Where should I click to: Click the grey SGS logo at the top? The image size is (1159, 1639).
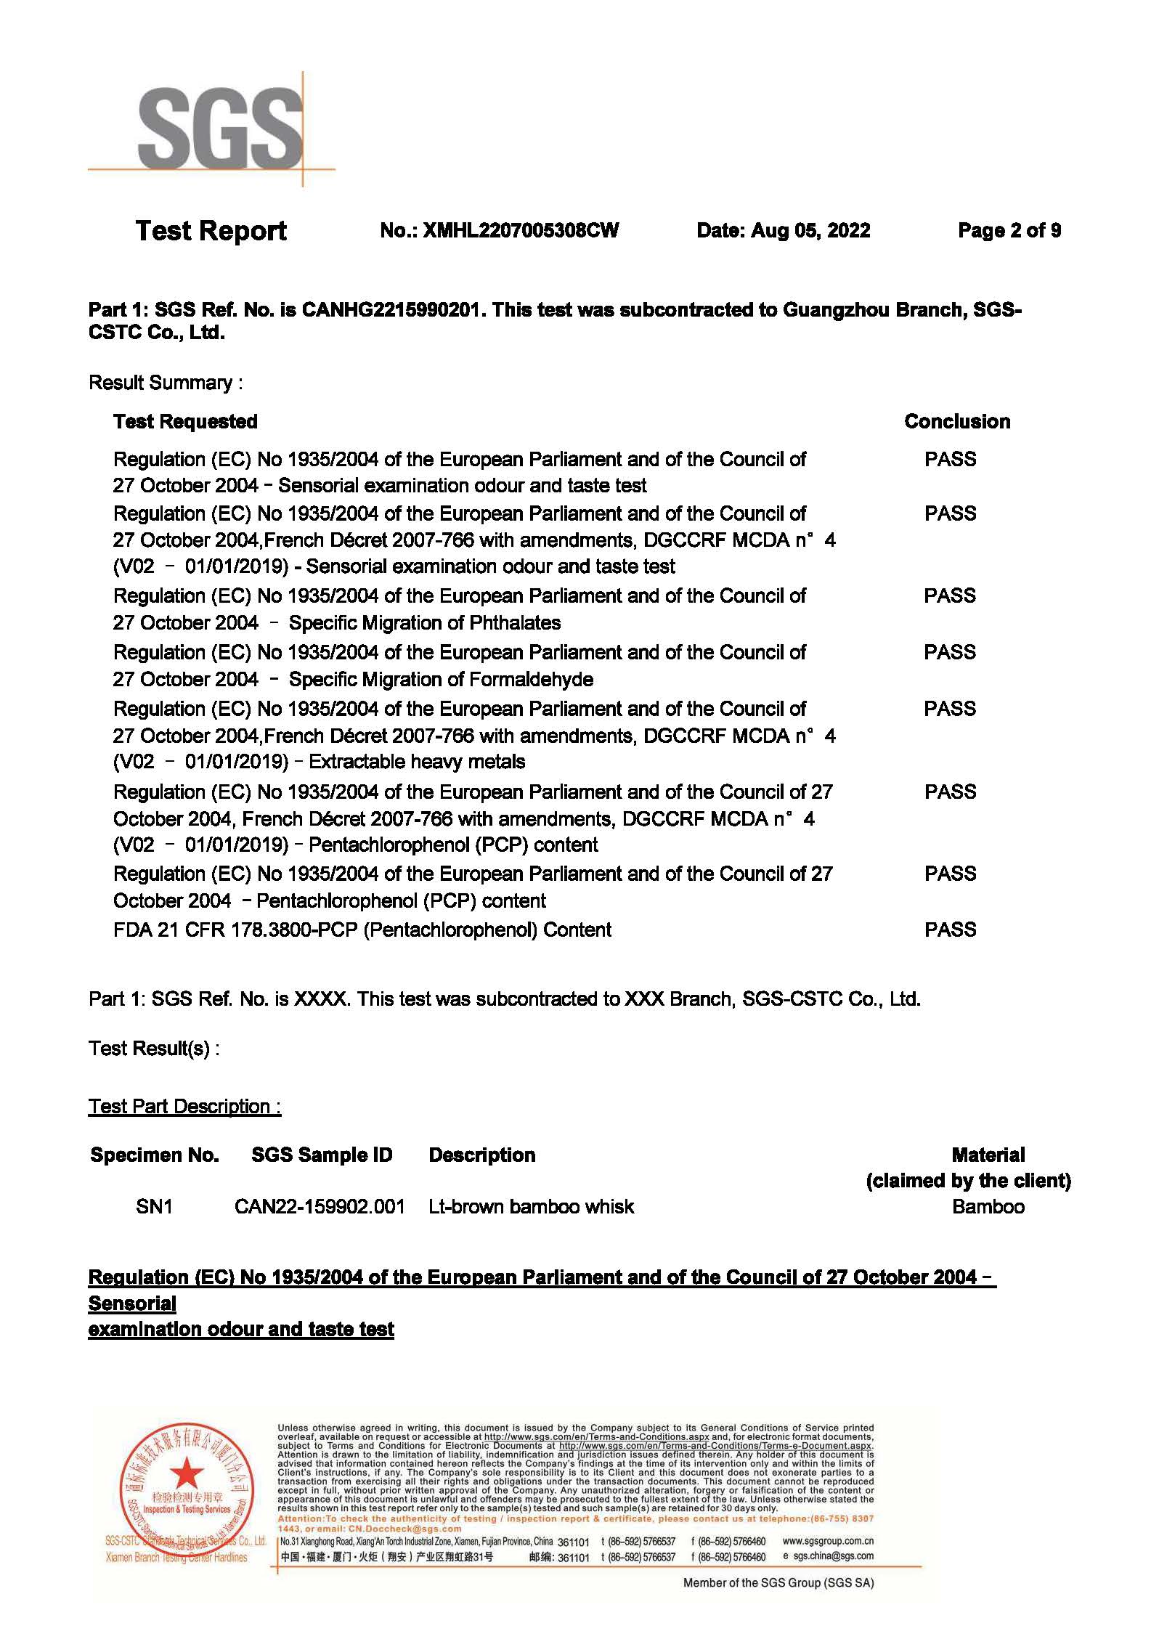click(219, 128)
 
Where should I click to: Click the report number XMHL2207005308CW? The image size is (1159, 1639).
click(520, 231)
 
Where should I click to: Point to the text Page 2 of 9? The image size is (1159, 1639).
click(1009, 231)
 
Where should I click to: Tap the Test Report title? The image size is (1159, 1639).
click(211, 231)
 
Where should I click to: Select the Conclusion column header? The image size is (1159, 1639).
click(956, 422)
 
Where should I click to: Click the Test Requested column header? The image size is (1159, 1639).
click(185, 422)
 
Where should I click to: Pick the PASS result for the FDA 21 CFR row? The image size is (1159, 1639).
click(950, 930)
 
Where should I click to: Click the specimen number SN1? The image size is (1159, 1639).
click(154, 1207)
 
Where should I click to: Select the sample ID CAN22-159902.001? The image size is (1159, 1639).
click(320, 1207)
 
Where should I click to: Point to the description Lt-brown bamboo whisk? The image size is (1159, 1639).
click(531, 1207)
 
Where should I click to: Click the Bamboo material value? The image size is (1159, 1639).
click(988, 1207)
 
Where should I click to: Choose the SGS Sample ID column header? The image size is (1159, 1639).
click(322, 1155)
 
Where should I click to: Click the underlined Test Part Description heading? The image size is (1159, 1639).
click(184, 1107)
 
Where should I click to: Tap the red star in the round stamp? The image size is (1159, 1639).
click(187, 1473)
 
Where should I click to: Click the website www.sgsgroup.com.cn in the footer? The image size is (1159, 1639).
click(828, 1541)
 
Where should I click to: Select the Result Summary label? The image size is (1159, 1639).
click(165, 383)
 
